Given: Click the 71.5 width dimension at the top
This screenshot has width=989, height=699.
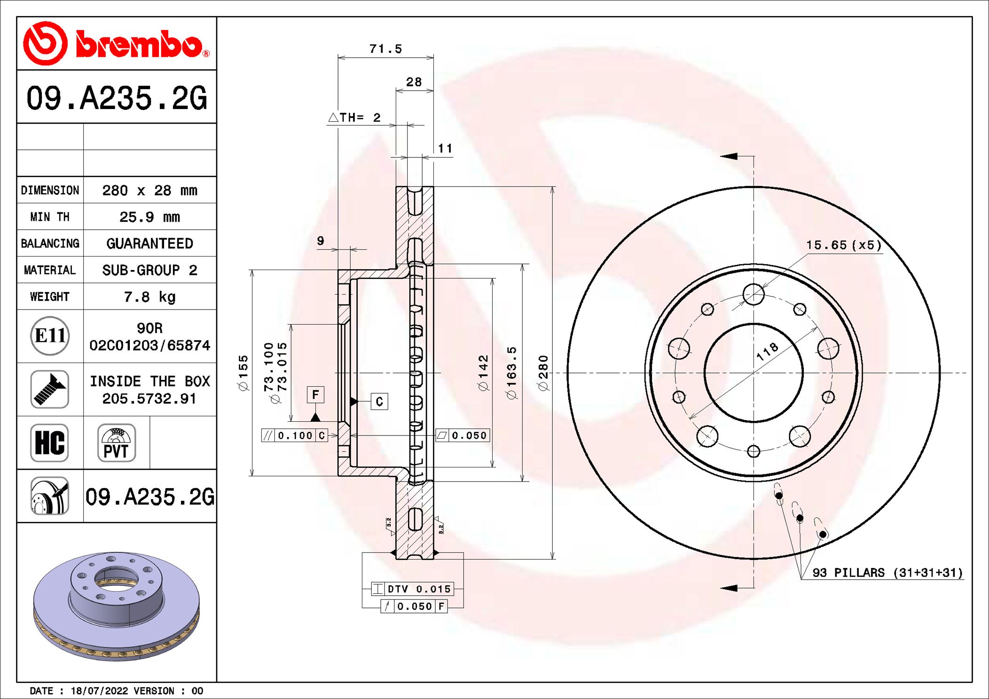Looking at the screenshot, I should [385, 49].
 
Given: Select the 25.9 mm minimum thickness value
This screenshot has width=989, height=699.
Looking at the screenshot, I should [149, 217].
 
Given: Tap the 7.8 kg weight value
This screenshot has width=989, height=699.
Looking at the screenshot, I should [149, 297].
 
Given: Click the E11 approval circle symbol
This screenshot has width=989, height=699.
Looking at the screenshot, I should [50, 336].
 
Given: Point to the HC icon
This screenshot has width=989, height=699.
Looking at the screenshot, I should [50, 443].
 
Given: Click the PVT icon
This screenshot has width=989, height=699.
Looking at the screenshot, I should [117, 443].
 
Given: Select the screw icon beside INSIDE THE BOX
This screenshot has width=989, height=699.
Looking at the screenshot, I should [50, 389].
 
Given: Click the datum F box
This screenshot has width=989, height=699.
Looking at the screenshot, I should [315, 395].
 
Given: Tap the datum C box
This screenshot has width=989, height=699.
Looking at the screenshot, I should [379, 402].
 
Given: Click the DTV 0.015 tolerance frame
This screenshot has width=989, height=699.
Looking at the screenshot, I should [412, 589].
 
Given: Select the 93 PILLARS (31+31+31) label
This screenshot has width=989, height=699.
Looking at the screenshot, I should [887, 573].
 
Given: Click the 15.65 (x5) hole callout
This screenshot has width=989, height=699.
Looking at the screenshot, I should [844, 245].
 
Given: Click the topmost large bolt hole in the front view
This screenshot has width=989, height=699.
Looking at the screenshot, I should [754, 295].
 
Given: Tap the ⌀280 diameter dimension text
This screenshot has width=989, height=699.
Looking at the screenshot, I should [543, 373].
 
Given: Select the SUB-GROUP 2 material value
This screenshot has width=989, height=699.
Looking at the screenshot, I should [149, 270].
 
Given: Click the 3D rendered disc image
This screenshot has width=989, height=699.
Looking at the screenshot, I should [116, 606].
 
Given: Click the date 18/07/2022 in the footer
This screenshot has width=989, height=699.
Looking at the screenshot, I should [99, 691].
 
